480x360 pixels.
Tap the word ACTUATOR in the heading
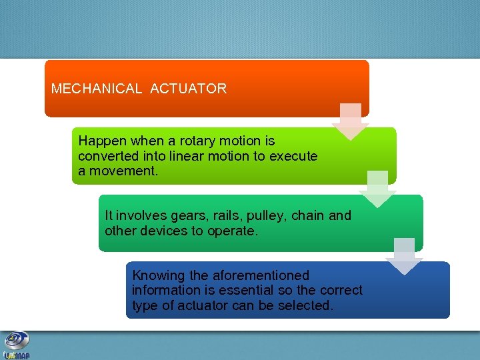tap(189, 89)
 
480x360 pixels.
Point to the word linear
tap(185, 156)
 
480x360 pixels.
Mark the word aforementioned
tap(261, 275)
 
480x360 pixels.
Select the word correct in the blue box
tap(341, 290)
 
